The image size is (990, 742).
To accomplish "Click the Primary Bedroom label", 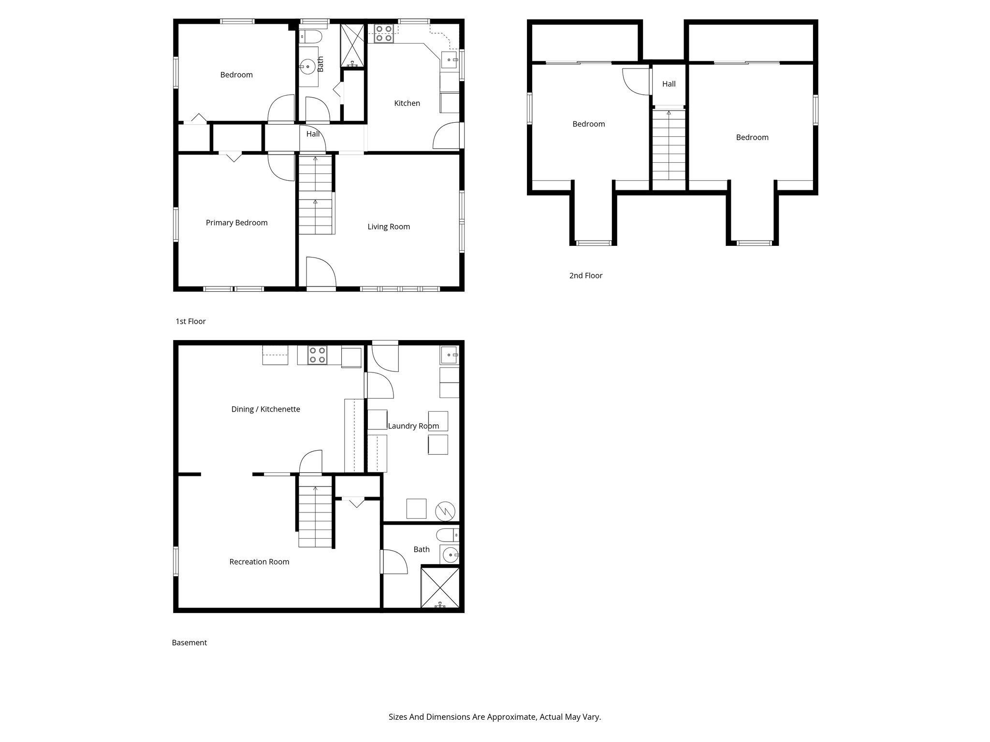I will pyautogui.click(x=236, y=223).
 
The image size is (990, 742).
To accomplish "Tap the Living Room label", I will pyautogui.click(x=389, y=227).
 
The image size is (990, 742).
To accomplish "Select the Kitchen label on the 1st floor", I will pyautogui.click(x=407, y=103).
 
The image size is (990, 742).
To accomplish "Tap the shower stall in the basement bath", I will pyautogui.click(x=440, y=588).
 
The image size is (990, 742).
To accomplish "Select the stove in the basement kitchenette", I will pyautogui.click(x=317, y=355).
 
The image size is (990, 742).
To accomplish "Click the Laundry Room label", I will pyautogui.click(x=413, y=426).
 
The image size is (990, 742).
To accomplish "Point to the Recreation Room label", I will pyautogui.click(x=259, y=562).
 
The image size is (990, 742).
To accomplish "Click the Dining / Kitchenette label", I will pyautogui.click(x=265, y=409).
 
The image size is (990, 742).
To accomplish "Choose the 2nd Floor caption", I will pyautogui.click(x=585, y=276).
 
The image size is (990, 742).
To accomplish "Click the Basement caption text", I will pyautogui.click(x=189, y=642).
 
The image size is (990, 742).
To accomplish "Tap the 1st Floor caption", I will pyautogui.click(x=190, y=321).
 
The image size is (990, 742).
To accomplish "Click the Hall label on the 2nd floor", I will pyautogui.click(x=669, y=84).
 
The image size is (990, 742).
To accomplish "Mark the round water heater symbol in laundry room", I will pyautogui.click(x=445, y=511).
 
